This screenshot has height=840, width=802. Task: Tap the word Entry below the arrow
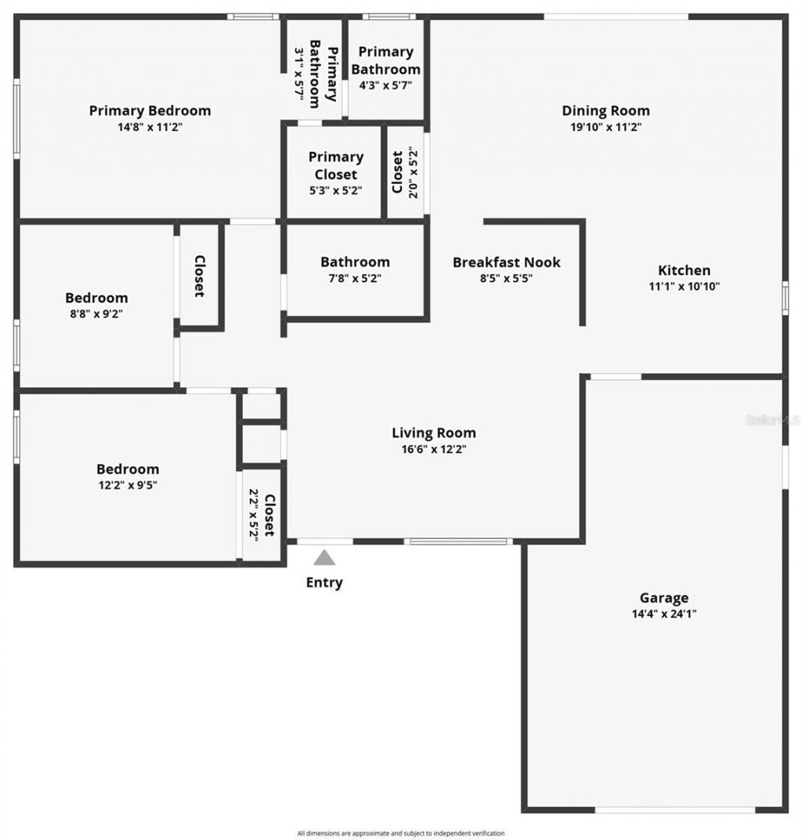(324, 582)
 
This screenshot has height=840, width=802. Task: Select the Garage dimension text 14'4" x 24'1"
(664, 614)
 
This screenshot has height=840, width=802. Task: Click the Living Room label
(433, 433)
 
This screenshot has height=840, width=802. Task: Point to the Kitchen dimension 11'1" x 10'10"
(685, 286)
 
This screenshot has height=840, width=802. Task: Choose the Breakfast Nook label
(506, 262)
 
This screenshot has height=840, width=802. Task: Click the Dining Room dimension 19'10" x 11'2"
(605, 127)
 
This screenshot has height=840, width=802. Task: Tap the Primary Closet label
(335, 165)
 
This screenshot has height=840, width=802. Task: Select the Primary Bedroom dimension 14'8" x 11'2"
(150, 127)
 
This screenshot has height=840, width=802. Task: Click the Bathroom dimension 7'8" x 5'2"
(355, 278)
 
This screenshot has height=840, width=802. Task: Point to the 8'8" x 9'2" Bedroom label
(96, 298)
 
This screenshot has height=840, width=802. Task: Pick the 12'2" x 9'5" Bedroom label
(128, 469)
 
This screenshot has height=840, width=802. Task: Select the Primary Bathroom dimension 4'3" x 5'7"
(385, 86)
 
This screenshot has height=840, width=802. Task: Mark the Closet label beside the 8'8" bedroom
(200, 276)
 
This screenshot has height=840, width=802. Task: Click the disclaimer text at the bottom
(400, 833)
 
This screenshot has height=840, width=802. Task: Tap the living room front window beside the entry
(458, 541)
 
